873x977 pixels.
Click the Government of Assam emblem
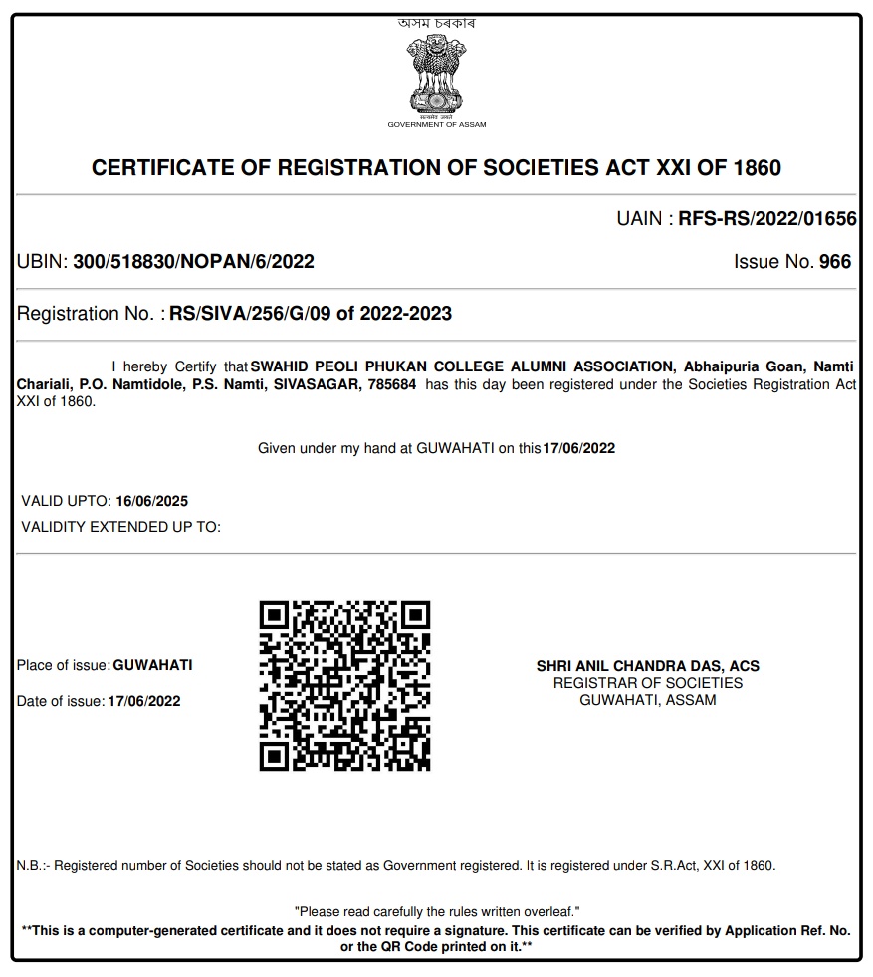coord(436,74)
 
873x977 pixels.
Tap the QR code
coord(344,685)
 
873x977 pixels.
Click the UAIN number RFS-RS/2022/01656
coord(766,219)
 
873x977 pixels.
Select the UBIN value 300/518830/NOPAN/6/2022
coord(194,262)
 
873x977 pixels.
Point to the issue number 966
coord(834,262)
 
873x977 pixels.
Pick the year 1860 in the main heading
coord(757,168)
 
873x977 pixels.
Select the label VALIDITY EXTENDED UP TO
coord(120,526)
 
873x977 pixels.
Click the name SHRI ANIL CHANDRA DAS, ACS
coord(647,666)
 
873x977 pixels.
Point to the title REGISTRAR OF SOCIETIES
coord(647,683)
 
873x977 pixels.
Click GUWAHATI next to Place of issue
coord(152,665)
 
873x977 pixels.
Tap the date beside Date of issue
coord(144,701)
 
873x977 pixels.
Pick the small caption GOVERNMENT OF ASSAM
coord(436,125)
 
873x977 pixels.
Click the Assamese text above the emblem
coord(436,23)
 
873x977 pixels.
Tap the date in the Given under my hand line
coord(578,448)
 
